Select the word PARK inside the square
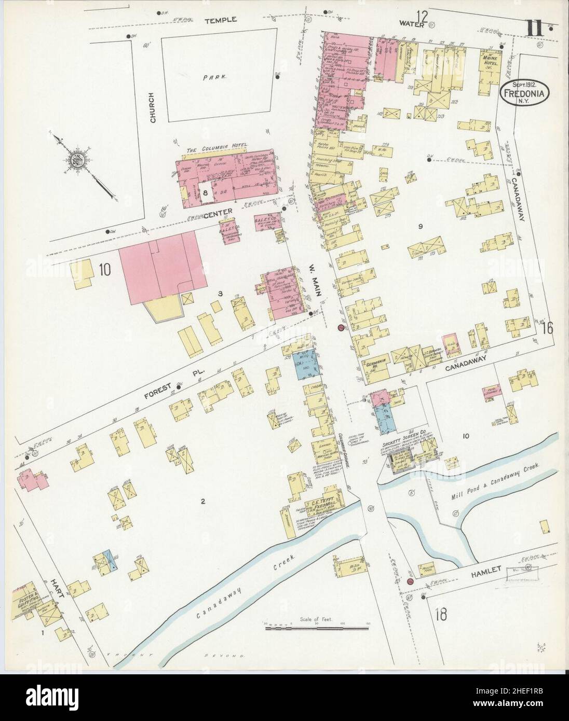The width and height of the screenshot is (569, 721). click(214, 75)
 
